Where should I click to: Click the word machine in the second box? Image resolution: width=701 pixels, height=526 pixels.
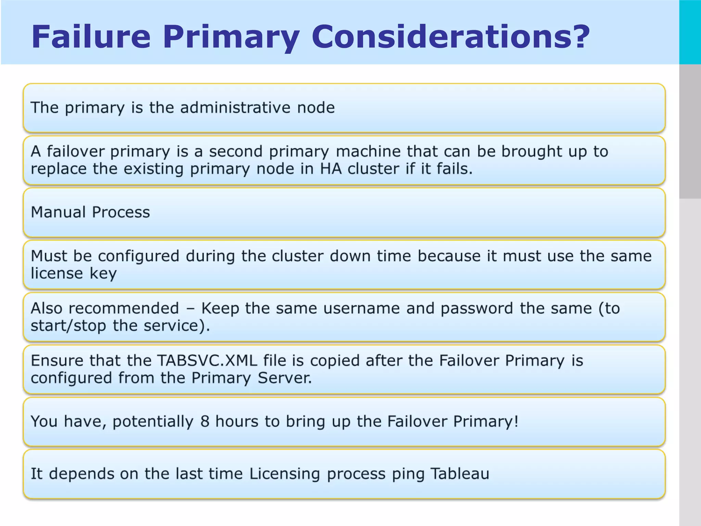pyautogui.click(x=368, y=151)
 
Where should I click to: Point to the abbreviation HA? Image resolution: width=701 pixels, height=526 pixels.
pyautogui.click(x=331, y=169)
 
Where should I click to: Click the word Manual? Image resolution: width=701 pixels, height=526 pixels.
pyautogui.click(x=58, y=212)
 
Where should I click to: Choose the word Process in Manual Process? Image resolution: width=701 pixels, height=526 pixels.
pyautogui.click(x=121, y=212)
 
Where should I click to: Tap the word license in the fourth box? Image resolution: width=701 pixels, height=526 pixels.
pyautogui.click(x=57, y=273)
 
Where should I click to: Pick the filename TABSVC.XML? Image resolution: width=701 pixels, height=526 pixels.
pyautogui.click(x=207, y=361)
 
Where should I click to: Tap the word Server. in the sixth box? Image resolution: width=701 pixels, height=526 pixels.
pyautogui.click(x=284, y=378)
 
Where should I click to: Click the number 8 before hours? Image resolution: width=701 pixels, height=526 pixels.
pyautogui.click(x=205, y=422)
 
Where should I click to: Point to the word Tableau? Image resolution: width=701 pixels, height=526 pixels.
pyautogui.click(x=460, y=474)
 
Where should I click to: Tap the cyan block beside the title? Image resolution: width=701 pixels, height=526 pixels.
pyautogui.click(x=690, y=32)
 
